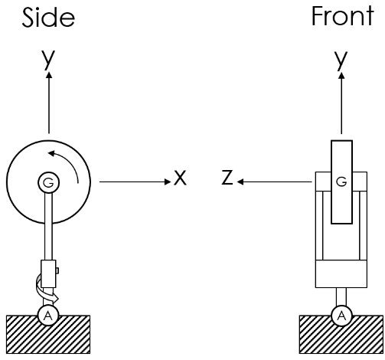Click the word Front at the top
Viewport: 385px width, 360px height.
pos(341,16)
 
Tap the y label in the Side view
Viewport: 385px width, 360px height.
pos(49,61)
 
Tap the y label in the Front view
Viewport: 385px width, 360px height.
pos(341,61)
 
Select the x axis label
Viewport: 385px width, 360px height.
pos(180,178)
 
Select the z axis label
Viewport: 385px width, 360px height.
pos(227,178)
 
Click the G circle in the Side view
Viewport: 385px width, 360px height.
pos(48,182)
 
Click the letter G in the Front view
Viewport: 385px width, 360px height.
pos(341,182)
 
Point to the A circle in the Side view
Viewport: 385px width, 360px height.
pos(48,315)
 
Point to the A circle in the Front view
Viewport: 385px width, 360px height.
pos(341,315)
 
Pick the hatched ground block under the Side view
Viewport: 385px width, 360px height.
pos(48,335)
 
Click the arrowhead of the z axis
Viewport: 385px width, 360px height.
pos(240,182)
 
